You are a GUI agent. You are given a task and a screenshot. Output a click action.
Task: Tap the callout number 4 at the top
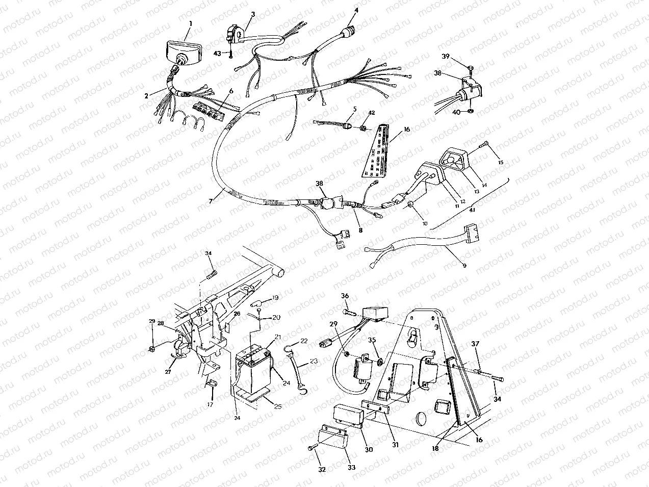coord(356,10)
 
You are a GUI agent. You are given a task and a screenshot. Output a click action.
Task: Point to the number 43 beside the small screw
coord(217,53)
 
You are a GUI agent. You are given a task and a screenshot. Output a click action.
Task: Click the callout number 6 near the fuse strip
coord(231,91)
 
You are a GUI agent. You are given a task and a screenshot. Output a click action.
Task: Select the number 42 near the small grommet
coord(372,112)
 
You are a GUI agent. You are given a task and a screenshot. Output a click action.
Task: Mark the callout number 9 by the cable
coord(463,265)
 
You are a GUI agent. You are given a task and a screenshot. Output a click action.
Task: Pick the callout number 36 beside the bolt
coord(345,296)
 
